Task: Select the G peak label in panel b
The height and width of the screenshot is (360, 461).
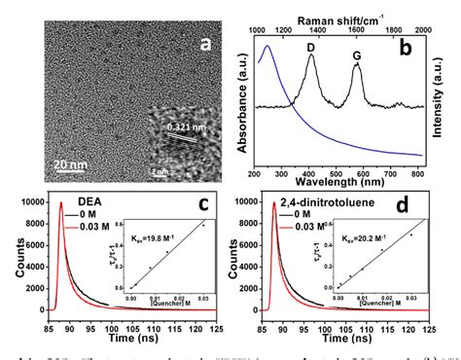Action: coord(357,55)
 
